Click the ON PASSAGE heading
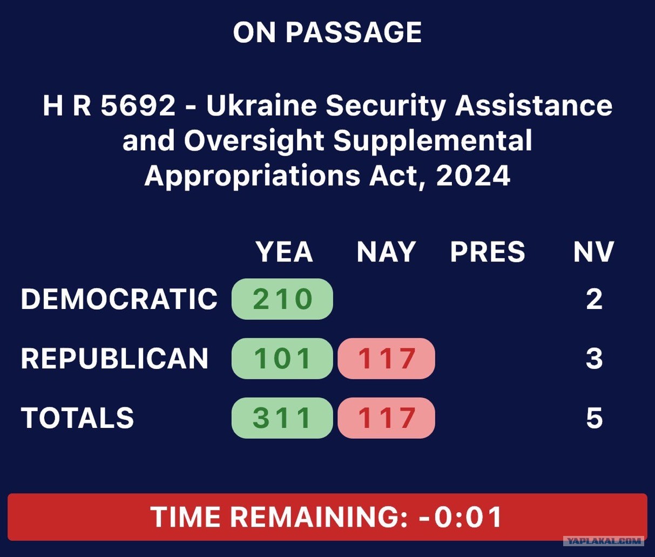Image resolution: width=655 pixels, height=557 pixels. [327, 32]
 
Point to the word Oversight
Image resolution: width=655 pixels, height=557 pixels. [254, 141]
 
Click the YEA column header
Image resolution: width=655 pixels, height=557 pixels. [285, 252]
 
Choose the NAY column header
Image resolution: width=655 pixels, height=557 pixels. [386, 252]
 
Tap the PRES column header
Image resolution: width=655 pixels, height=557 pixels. [488, 252]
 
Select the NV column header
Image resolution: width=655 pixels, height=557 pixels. [594, 252]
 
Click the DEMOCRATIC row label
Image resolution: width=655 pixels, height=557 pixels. [119, 299]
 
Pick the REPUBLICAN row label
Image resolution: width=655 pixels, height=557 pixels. [114, 359]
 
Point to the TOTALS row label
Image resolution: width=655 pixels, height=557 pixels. [77, 418]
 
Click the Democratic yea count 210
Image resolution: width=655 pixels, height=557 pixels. [282, 299]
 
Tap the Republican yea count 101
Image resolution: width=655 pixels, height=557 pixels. [282, 359]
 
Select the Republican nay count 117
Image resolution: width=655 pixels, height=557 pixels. [386, 359]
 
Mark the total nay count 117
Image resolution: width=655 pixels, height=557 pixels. [386, 418]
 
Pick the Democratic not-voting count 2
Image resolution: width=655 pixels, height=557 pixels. [594, 299]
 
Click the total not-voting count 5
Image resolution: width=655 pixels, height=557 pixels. [594, 418]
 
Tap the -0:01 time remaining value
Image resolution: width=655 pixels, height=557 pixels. [461, 516]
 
